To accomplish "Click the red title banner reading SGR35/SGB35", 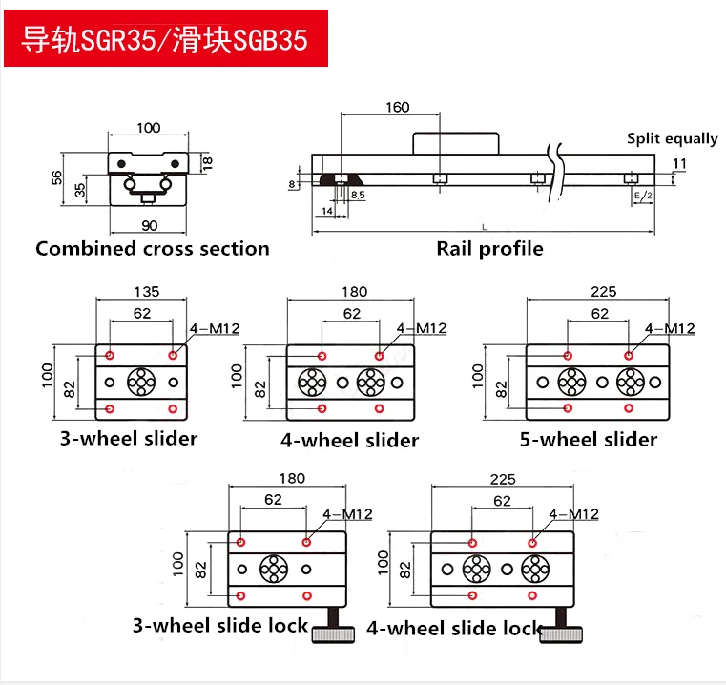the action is click(x=166, y=39).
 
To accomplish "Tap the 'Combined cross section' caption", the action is click(x=153, y=249).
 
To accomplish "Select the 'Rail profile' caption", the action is click(x=489, y=249).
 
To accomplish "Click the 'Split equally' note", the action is click(x=672, y=138).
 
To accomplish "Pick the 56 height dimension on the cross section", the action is click(x=56, y=177).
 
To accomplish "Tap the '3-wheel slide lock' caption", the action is click(x=220, y=626).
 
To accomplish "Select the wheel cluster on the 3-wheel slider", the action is click(x=141, y=382).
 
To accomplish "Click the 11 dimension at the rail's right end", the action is click(x=678, y=164).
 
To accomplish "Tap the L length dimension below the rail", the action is click(x=484, y=226).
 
